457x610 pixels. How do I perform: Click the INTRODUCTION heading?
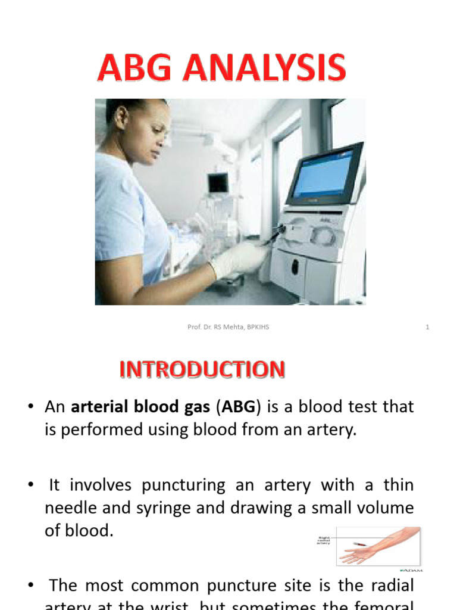click(202, 370)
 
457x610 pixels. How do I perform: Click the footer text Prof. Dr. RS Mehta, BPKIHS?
click(228, 327)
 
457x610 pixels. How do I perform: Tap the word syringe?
click(157, 508)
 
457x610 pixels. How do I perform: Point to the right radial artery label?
click(323, 540)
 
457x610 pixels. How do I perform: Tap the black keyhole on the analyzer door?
click(295, 267)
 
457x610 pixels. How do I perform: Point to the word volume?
click(384, 508)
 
